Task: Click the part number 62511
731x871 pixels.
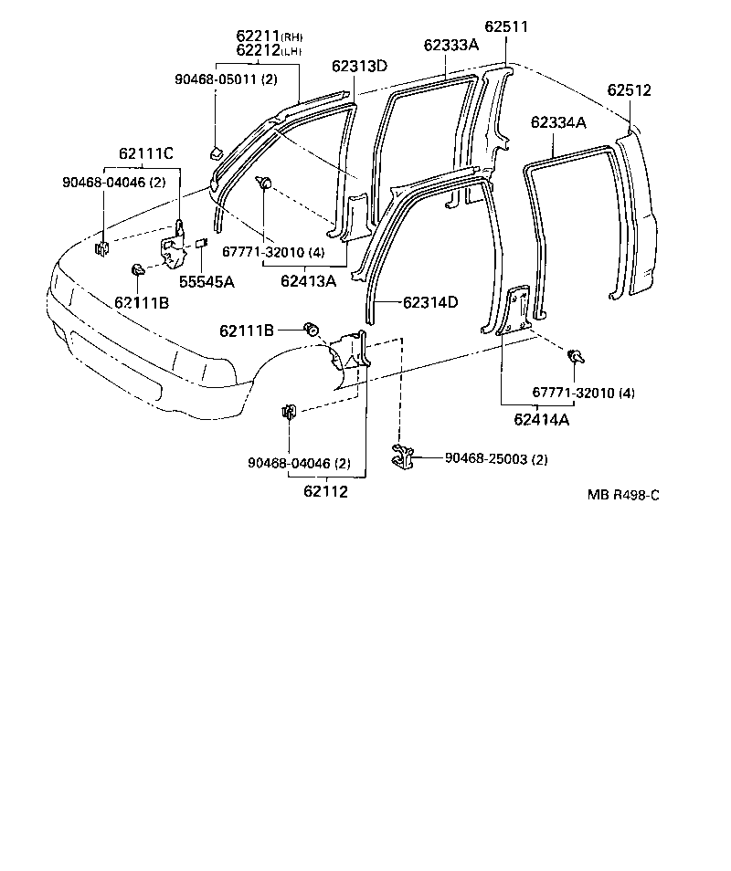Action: (506, 26)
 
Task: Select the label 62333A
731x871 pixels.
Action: (450, 45)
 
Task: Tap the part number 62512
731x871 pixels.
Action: (629, 90)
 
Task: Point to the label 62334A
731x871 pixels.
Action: (558, 122)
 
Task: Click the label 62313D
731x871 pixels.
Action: (360, 66)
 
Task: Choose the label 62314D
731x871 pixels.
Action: (430, 302)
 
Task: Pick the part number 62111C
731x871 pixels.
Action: (145, 153)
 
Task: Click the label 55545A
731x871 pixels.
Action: (207, 282)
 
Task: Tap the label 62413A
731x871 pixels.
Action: (308, 281)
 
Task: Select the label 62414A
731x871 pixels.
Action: (542, 419)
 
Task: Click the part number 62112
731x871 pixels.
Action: (325, 491)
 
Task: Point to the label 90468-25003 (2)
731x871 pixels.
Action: (496, 459)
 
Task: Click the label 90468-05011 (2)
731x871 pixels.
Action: (226, 79)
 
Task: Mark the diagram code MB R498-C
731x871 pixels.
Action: (623, 495)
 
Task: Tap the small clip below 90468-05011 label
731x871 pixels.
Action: (216, 152)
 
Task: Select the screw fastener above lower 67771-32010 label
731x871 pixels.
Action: (576, 356)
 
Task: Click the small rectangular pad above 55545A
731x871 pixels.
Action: (201, 242)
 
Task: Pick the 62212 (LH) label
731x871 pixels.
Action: (269, 50)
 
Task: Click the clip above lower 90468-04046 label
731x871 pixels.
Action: (289, 412)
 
